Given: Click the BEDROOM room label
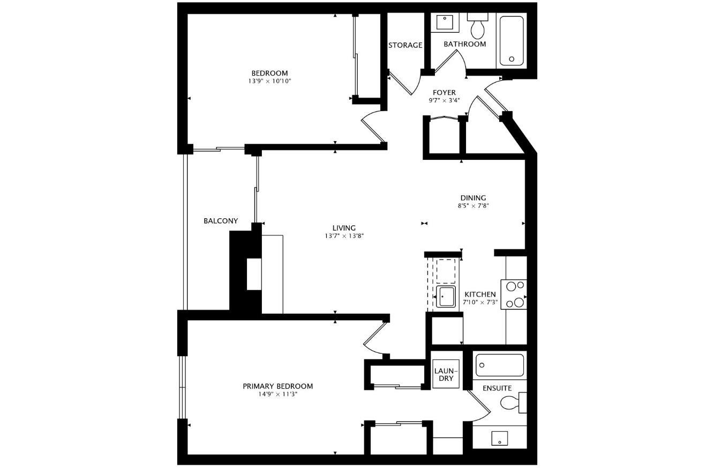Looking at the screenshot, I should [269, 73].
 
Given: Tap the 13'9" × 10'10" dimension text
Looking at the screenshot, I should [269, 82].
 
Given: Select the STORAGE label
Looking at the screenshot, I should [405, 45].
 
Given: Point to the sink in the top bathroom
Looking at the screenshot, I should [444, 23].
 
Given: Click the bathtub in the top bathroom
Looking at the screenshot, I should [512, 41].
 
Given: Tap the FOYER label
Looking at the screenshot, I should [444, 92].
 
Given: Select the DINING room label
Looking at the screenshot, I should [473, 198].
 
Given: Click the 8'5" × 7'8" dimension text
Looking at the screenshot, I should [473, 206].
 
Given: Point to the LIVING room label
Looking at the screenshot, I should [344, 228].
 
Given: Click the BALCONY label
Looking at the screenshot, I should [221, 221].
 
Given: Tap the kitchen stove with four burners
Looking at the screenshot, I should [514, 294].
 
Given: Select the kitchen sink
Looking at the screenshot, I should [446, 297].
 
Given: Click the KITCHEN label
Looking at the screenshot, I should [480, 294].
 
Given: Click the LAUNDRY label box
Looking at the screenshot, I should [446, 374].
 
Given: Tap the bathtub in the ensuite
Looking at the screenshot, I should [499, 365].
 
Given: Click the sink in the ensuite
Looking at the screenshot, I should [499, 439].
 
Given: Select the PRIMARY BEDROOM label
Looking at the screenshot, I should [277, 386].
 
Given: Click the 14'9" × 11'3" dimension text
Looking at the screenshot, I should [277, 394].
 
